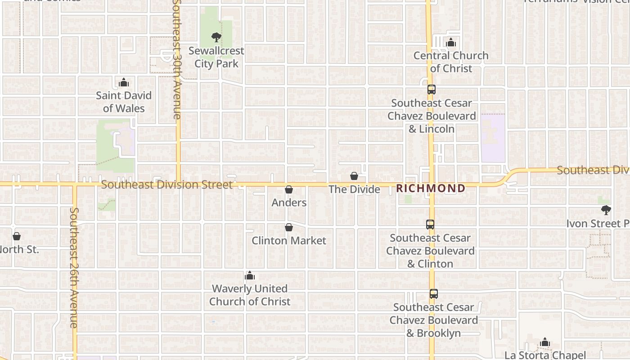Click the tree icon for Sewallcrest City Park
(216, 37)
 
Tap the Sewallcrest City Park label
(216, 57)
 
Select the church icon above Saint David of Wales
(124, 82)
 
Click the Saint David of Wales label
(124, 102)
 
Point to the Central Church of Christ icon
(451, 43)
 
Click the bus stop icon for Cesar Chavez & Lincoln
(432, 90)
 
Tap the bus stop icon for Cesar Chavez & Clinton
(430, 224)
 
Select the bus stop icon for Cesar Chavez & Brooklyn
(433, 294)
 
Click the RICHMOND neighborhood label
(431, 189)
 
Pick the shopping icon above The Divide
(354, 176)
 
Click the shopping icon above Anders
(289, 190)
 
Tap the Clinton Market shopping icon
(289, 228)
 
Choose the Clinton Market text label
(289, 241)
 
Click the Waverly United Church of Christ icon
(250, 276)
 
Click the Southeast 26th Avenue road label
(74, 267)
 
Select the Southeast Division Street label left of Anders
(167, 184)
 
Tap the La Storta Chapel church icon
(545, 342)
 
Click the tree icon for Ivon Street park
(606, 210)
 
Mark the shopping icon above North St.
(17, 236)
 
